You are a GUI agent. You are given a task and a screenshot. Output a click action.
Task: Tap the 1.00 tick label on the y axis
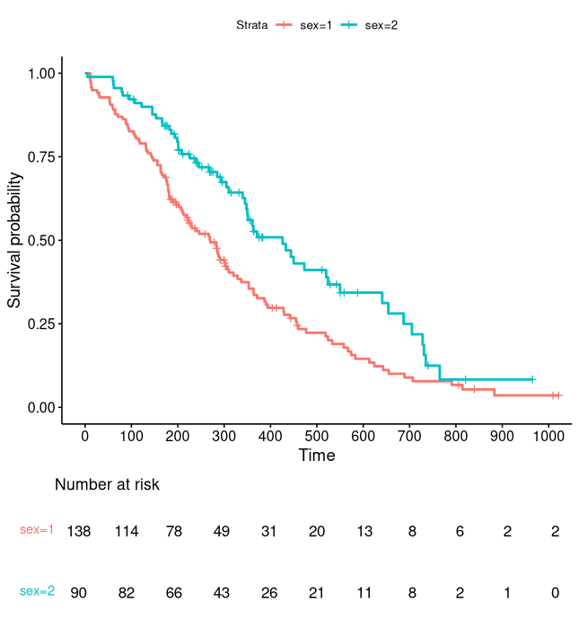pos(39,73)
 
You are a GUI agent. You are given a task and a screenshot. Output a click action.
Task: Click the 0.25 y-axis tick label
pos(39,323)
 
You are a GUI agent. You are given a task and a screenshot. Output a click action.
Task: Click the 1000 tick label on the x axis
pos(548,436)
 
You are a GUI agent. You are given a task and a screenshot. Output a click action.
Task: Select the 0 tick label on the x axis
pos(85,436)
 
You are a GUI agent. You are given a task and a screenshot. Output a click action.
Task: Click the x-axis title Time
pos(317,456)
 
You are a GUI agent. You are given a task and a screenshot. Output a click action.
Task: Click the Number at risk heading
pos(107,485)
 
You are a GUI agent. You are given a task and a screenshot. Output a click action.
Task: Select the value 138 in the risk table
pos(79,531)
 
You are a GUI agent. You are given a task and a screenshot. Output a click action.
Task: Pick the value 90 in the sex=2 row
pos(79,592)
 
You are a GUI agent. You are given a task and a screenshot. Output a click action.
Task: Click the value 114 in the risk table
pos(127,531)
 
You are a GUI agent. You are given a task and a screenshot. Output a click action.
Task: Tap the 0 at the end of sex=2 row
pos(555,592)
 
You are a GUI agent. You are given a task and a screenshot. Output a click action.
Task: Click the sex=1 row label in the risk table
pos(37,530)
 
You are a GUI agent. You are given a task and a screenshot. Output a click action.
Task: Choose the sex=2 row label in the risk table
pos(37,591)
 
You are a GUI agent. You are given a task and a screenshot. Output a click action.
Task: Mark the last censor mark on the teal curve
pos(532,379)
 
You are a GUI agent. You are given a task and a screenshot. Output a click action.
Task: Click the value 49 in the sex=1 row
pos(222,531)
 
